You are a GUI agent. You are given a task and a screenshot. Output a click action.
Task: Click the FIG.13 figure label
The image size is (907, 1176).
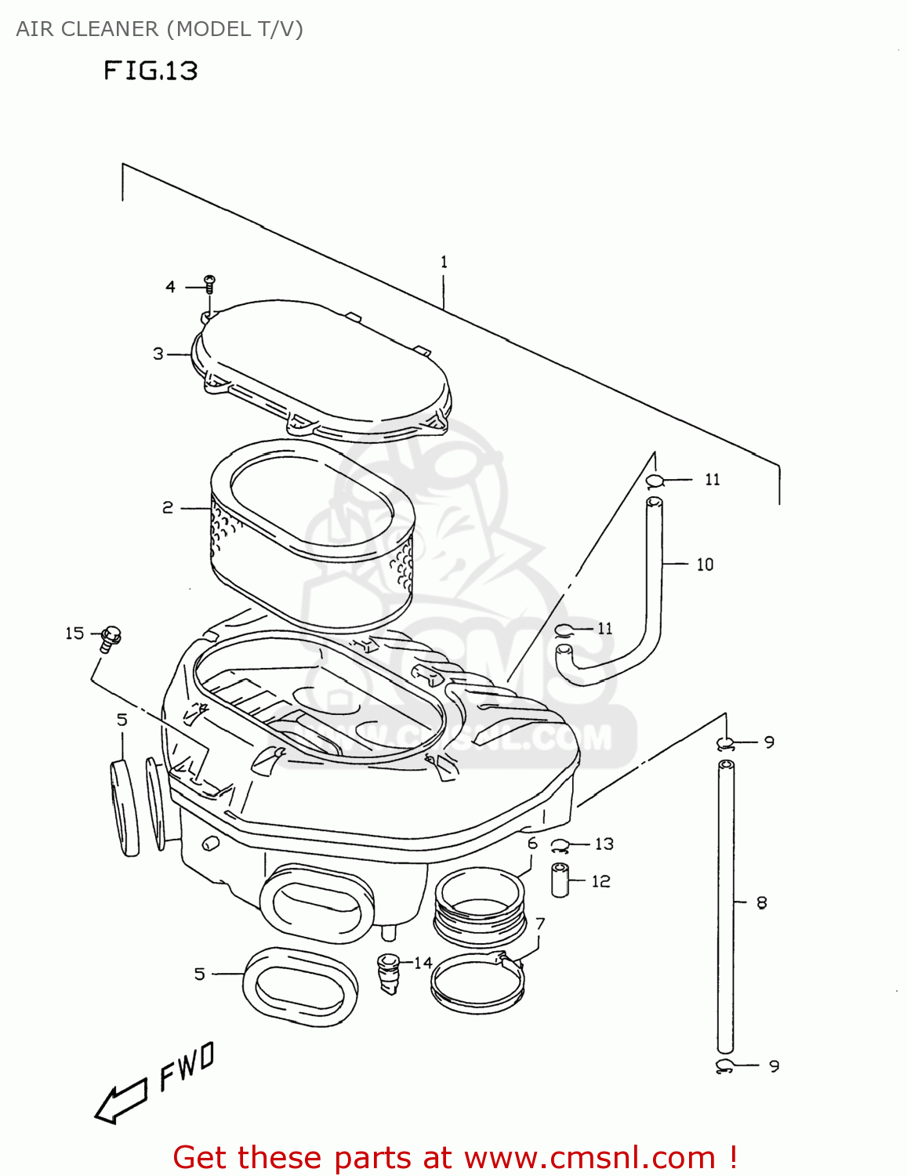(151, 71)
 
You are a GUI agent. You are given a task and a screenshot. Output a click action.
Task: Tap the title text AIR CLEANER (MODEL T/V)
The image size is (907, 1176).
(159, 29)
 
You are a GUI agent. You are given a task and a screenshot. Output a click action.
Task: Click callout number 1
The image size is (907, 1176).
(444, 262)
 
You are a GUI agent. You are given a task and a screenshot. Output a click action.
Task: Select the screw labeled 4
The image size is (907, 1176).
(209, 283)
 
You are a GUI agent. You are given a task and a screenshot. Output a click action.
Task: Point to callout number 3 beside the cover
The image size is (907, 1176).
(158, 354)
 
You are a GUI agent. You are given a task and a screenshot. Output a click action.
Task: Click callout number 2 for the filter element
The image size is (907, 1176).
(168, 508)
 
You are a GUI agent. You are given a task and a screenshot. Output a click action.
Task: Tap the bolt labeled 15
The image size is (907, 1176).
(111, 638)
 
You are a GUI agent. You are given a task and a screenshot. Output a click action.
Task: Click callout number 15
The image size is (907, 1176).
(74, 633)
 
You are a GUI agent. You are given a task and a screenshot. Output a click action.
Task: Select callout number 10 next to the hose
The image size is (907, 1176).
(705, 564)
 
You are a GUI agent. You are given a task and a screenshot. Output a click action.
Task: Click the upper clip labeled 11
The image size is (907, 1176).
(655, 481)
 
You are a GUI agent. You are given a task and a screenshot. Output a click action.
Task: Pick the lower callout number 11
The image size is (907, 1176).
(604, 628)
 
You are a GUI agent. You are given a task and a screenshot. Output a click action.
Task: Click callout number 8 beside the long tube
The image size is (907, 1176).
(761, 903)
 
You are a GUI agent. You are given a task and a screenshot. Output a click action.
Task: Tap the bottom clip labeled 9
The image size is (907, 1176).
(725, 1065)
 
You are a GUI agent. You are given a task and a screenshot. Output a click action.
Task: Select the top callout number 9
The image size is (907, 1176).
(769, 742)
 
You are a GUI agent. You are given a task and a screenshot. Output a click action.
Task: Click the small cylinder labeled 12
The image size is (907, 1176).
(558, 880)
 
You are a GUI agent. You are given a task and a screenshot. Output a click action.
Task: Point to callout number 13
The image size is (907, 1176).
(604, 844)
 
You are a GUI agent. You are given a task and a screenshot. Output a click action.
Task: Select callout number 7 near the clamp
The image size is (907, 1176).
(540, 924)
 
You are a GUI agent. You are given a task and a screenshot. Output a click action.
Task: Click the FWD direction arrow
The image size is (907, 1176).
(121, 1101)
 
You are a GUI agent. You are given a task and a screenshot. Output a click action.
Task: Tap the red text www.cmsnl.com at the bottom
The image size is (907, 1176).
(590, 1157)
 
